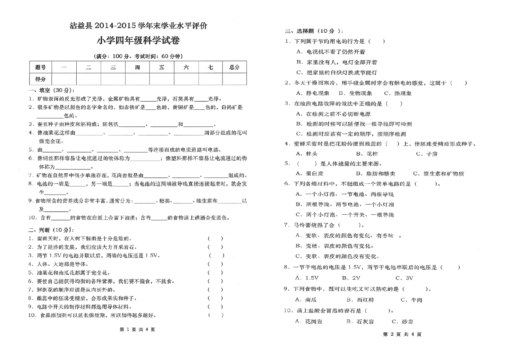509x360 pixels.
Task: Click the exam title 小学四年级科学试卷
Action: click(x=138, y=41)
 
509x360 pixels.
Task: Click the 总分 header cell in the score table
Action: click(x=234, y=67)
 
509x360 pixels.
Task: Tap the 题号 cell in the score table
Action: click(x=40, y=67)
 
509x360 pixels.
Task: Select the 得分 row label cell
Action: click(x=40, y=79)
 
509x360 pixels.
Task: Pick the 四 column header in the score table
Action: click(x=137, y=67)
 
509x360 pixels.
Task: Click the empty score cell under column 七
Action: click(x=210, y=79)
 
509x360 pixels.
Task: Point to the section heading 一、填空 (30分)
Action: click(x=52, y=90)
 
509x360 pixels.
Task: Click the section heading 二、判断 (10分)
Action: click(x=51, y=230)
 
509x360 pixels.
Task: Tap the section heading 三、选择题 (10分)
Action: click(x=314, y=31)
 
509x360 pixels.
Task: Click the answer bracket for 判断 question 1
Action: click(x=215, y=238)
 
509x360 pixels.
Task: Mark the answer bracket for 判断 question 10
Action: click(x=216, y=315)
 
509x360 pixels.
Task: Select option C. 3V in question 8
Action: click(x=404, y=278)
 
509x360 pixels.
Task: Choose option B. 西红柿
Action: click(x=360, y=300)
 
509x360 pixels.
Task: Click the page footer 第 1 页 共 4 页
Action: click(x=137, y=330)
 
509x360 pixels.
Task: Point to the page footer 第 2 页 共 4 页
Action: click(x=402, y=334)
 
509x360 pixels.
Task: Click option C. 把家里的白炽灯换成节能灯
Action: click(x=337, y=73)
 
